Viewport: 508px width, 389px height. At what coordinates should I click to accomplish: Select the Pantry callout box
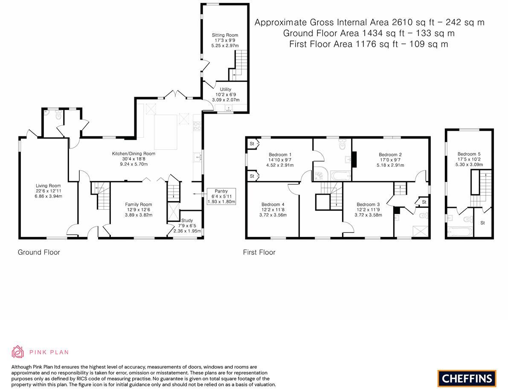[221, 196]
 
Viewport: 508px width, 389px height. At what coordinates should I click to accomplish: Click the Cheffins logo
[467, 378]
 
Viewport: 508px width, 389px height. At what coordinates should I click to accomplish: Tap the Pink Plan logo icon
[17, 352]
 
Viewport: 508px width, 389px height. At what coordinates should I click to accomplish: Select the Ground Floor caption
[39, 252]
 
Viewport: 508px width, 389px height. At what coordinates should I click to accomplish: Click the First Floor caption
[259, 252]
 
